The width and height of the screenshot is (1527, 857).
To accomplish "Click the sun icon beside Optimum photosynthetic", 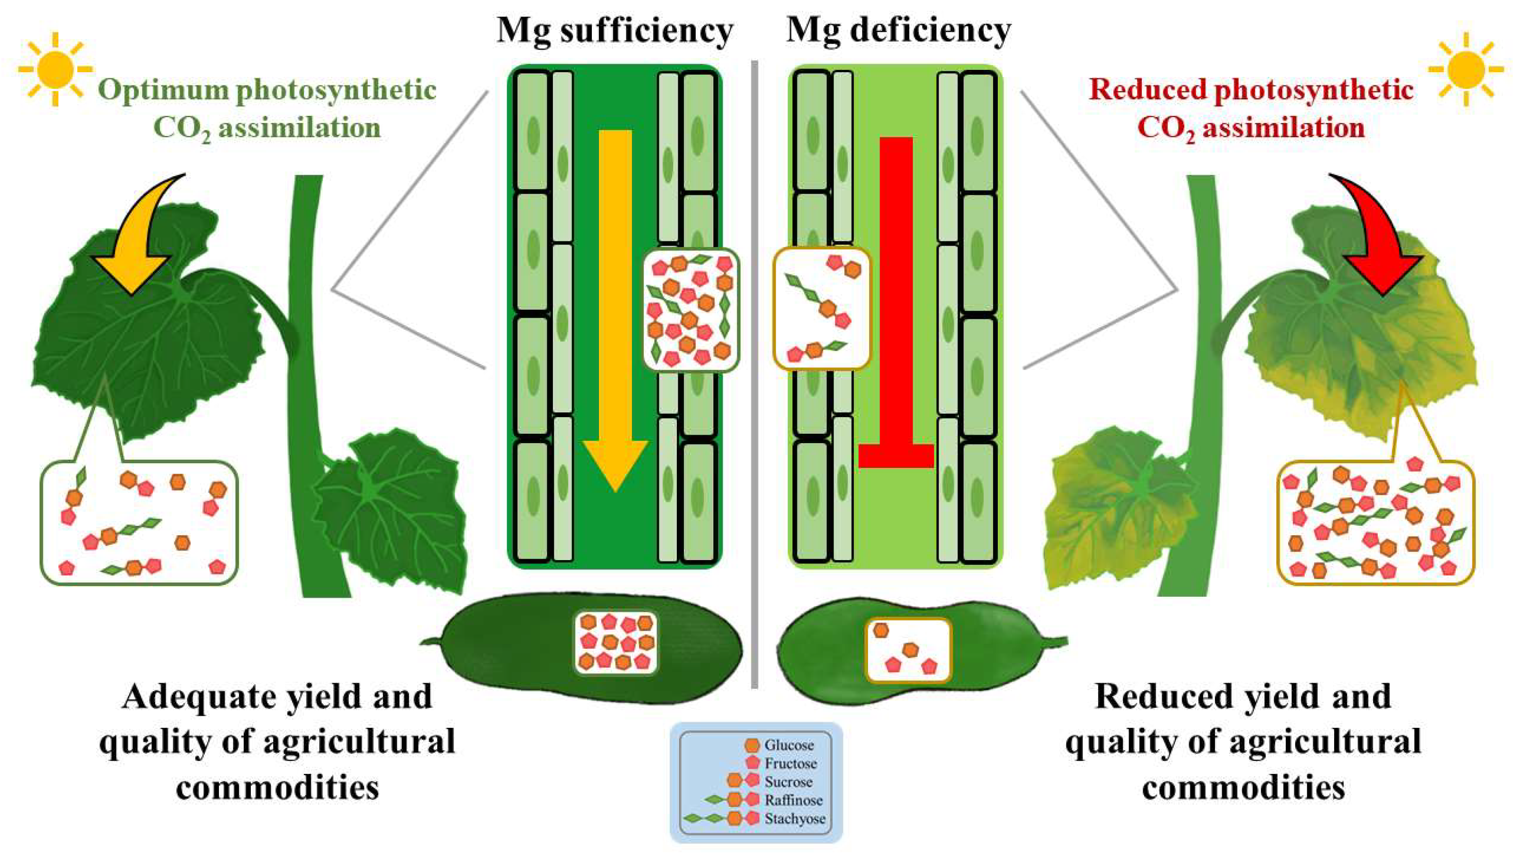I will click(x=55, y=69).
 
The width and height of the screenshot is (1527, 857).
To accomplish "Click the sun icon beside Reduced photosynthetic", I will click(x=1465, y=69).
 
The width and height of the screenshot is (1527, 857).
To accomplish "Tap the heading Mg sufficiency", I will click(x=615, y=31).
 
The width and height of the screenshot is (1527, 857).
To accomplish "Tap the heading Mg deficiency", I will click(x=898, y=31).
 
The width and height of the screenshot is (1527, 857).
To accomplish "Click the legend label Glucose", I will click(x=788, y=745).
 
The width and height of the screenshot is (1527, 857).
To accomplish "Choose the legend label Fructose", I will click(x=790, y=763).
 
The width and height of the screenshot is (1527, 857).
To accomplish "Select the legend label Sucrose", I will click(x=788, y=781).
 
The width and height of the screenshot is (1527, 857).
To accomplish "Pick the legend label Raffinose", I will click(x=793, y=800).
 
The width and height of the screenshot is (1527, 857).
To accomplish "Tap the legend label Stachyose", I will click(x=794, y=819).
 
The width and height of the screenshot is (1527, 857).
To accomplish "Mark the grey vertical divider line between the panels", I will click(x=755, y=380).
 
